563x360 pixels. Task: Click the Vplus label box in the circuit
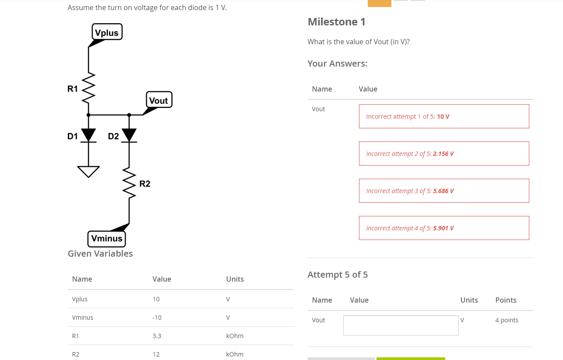pos(107,32)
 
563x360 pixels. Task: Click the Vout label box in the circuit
pos(158,100)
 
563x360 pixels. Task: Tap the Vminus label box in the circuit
pos(107,239)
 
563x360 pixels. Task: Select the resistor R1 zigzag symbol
pos(88,89)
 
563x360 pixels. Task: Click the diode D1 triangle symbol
pos(88,135)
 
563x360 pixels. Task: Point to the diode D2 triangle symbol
pos(129,135)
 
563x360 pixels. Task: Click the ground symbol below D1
pos(88,171)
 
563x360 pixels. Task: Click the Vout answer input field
pos(401,325)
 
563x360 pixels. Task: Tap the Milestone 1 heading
pos(336,22)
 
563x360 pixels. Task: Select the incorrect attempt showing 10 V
pos(443,116)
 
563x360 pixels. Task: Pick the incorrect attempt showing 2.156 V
pos(443,154)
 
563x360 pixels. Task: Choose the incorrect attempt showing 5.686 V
pos(443,191)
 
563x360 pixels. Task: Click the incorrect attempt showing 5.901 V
pos(443,228)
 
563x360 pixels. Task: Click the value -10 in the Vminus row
pos(157,318)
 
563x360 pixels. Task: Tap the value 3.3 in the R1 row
pos(156,336)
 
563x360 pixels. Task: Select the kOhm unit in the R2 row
pos(235,354)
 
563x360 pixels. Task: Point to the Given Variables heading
pos(100,254)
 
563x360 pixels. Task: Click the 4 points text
pos(507,320)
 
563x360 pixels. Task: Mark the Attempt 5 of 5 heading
pos(338,275)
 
